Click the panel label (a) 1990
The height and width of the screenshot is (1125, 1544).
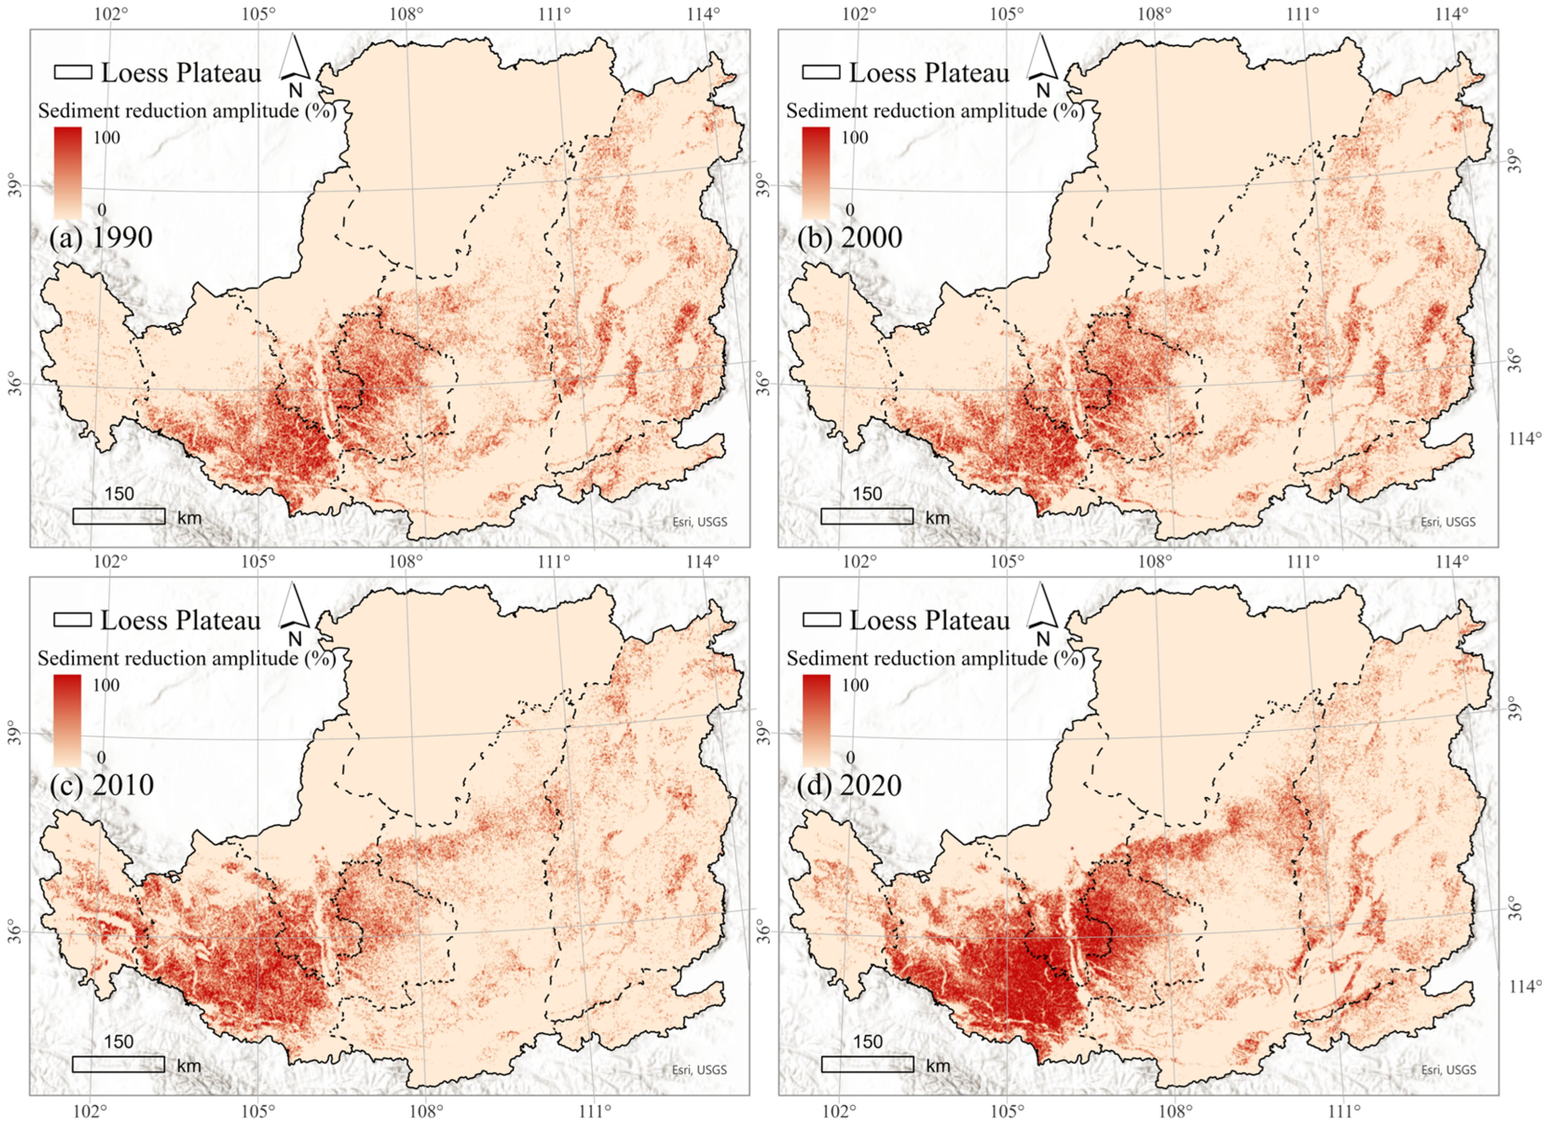click(x=101, y=237)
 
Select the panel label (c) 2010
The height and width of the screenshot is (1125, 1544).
click(x=101, y=785)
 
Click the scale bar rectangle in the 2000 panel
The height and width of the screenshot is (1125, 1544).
click(x=867, y=516)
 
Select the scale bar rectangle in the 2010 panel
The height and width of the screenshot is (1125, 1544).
click(x=118, y=1064)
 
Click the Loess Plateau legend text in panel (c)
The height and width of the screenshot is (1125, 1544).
click(x=181, y=620)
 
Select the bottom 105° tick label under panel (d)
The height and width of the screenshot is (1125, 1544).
click(x=1006, y=1111)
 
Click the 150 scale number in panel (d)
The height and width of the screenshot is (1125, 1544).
click(x=867, y=1041)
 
